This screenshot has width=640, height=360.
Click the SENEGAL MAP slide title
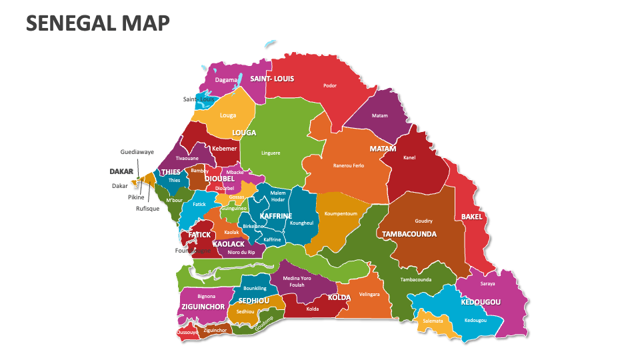(97, 23)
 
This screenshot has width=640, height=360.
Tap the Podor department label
(330, 85)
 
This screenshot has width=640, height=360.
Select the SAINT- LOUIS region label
(272, 79)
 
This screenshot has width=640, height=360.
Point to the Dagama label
(226, 80)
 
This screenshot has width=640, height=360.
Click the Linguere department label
(271, 153)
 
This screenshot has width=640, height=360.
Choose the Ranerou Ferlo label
(349, 165)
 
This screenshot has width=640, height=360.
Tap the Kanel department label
(409, 158)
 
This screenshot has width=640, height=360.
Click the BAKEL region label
(472, 217)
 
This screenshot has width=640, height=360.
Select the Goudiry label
(423, 221)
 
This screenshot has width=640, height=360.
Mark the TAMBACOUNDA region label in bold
(409, 234)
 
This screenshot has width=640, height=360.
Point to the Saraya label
(487, 283)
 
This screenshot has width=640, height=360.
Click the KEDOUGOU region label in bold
(481, 302)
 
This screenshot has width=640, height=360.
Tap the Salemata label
(433, 321)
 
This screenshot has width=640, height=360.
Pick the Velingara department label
(369, 294)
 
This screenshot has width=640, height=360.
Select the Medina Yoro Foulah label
(297, 281)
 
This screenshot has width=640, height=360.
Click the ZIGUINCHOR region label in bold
(202, 307)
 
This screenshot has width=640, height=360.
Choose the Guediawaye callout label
(137, 152)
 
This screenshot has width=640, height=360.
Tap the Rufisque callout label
(147, 208)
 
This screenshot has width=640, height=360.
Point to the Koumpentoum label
(341, 214)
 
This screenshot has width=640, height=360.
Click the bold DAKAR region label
(121, 171)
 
